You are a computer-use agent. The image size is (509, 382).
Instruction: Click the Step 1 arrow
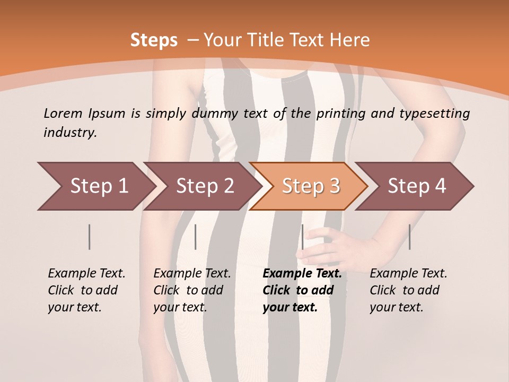pyautogui.click(x=95, y=186)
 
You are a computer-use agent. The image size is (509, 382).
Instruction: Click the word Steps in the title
pyautogui.click(x=154, y=40)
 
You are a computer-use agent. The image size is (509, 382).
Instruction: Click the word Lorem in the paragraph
pyautogui.click(x=63, y=113)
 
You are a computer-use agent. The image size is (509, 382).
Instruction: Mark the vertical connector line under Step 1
pyautogui.click(x=90, y=237)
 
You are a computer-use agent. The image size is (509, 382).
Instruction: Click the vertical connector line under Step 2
pyautogui.click(x=196, y=237)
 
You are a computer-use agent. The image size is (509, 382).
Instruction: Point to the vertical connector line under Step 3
pyautogui.click(x=302, y=237)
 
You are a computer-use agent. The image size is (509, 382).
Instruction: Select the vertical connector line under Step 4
pyautogui.click(x=409, y=237)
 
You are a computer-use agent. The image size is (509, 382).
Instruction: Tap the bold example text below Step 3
pyautogui.click(x=302, y=290)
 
